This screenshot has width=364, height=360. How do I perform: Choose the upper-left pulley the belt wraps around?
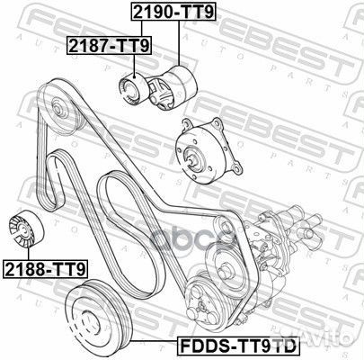(x=63, y=109)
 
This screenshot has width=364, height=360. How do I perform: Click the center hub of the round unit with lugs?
(x=193, y=160)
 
